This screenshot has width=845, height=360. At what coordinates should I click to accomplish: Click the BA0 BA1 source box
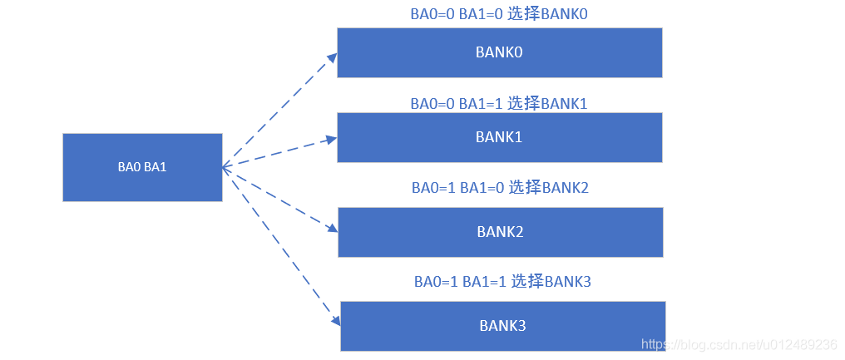(142, 167)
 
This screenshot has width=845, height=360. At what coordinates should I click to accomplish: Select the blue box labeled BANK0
(499, 52)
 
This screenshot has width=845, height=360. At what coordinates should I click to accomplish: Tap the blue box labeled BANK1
(499, 137)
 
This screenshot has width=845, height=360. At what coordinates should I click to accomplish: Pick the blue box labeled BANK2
(500, 232)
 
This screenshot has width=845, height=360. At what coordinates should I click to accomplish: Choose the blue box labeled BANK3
(502, 326)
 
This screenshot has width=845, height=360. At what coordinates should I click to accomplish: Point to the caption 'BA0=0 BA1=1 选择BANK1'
(499, 104)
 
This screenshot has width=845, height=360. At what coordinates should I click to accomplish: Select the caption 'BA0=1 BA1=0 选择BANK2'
(500, 188)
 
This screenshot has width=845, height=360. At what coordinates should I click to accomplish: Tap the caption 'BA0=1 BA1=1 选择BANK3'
(502, 282)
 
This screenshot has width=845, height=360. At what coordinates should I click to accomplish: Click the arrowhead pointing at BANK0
(332, 57)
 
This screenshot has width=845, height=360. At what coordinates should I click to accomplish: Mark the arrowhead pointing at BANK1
(332, 139)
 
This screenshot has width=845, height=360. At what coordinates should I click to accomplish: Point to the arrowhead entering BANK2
(332, 228)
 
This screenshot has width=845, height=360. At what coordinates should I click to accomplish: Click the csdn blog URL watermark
(740, 344)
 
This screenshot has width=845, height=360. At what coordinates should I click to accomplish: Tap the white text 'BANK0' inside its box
(499, 52)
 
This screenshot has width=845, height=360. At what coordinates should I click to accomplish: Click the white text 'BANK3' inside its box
(502, 326)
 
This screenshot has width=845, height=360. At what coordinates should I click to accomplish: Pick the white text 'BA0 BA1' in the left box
(142, 167)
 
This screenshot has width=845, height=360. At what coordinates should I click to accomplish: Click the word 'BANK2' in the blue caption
(566, 188)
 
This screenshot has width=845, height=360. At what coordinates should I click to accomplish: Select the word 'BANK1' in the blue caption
(565, 104)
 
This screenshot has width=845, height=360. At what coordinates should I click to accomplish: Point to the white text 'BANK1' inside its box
(499, 137)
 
